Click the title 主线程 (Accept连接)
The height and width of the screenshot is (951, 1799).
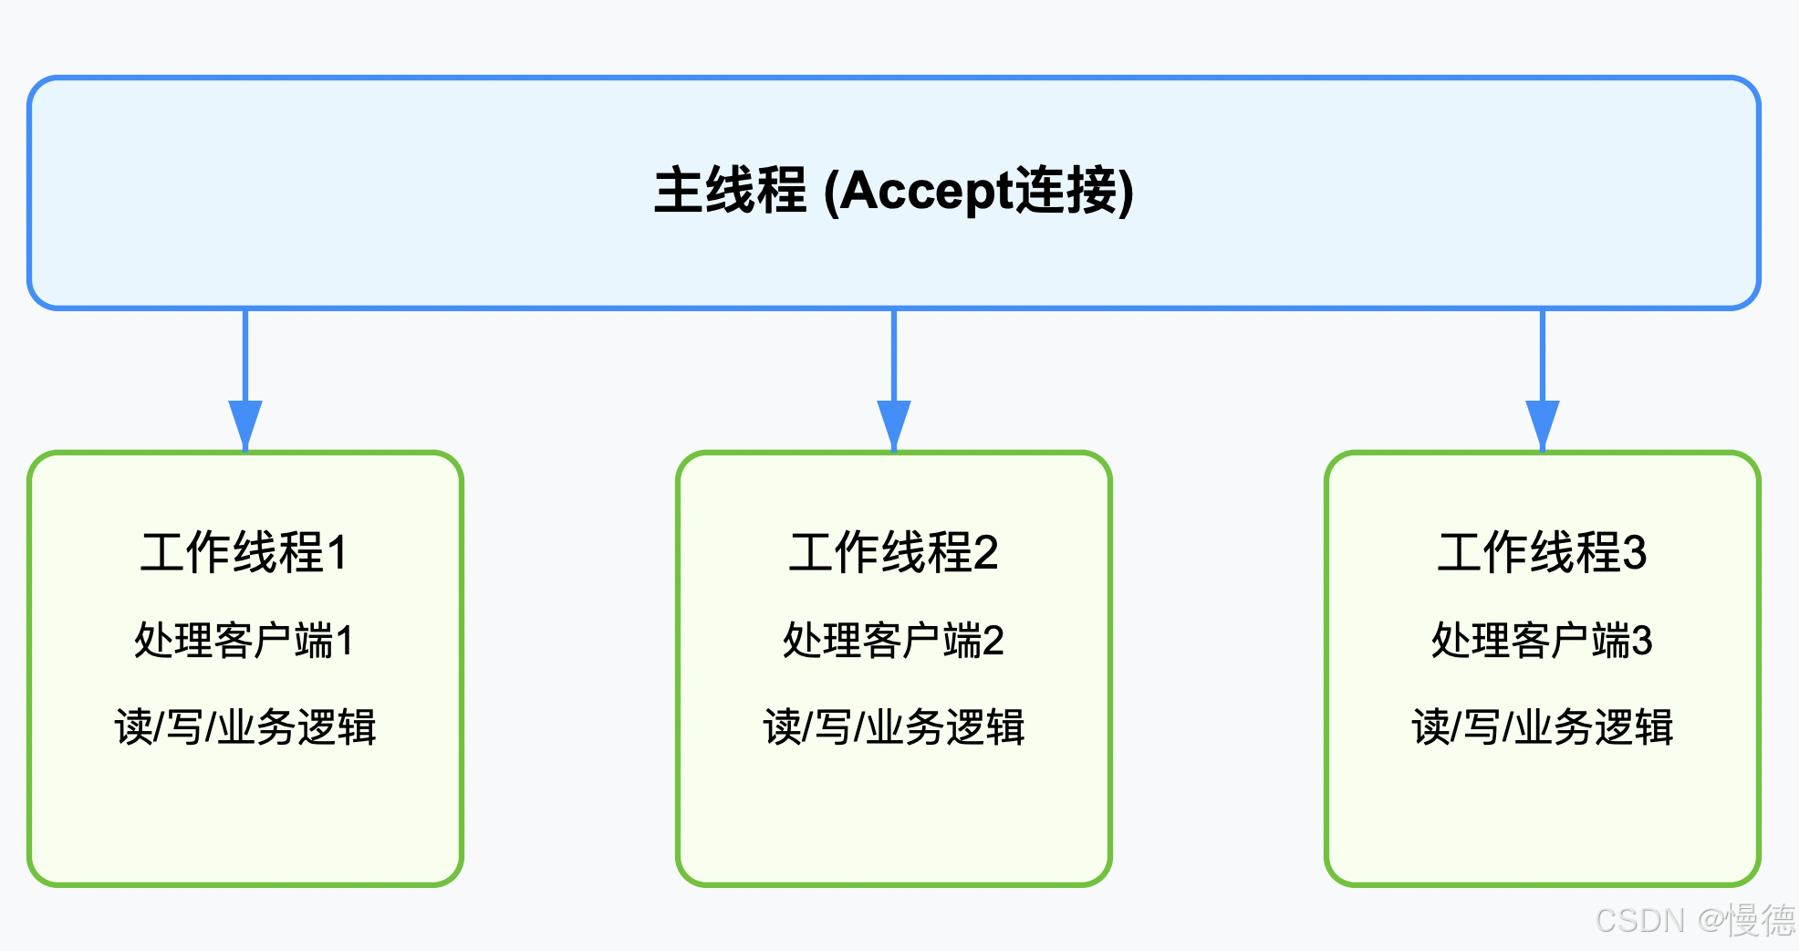[893, 191]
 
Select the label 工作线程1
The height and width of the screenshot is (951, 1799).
[244, 552]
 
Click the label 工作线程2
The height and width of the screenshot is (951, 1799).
[893, 552]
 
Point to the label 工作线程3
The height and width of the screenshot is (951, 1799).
[1542, 552]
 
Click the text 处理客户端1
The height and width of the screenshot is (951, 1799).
[244, 640]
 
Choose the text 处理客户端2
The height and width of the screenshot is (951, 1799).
[893, 640]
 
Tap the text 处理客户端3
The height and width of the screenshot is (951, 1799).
[1542, 640]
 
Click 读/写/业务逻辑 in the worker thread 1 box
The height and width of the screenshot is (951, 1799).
[244, 727]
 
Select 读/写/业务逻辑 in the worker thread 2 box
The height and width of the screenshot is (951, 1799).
[893, 727]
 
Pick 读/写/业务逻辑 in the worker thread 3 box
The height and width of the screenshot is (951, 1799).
[1542, 727]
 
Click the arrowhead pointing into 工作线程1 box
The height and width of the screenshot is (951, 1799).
[245, 423]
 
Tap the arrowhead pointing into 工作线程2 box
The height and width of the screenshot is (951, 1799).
[894, 423]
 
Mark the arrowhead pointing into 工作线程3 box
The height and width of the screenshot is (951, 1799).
[1543, 423]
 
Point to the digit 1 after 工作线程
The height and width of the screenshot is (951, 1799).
[337, 553]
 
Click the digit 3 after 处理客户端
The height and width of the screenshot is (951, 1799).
[1641, 641]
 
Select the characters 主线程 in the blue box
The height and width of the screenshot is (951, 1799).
[730, 191]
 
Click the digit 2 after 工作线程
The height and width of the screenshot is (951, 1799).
[986, 553]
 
